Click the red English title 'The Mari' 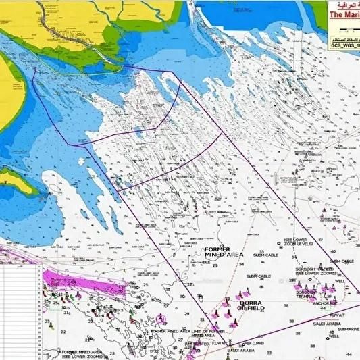point(342,13)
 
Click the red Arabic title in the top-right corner point(344,4)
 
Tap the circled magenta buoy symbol point(160,319)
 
